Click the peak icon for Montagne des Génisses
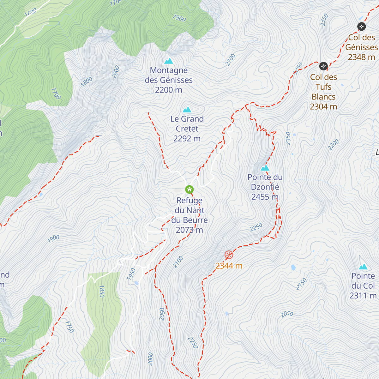169,61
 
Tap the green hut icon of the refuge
189,189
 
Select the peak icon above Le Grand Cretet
187,110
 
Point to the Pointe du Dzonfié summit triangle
265,168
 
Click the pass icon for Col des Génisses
361,27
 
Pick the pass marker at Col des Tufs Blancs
323,66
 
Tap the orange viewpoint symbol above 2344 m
229,255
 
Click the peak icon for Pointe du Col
363,267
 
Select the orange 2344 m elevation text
229,266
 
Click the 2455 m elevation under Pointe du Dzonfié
265,197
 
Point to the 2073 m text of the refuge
189,230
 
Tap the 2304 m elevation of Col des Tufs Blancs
323,107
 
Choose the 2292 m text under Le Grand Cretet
187,139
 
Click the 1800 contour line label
87,81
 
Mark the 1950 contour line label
131,274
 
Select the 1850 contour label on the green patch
102,291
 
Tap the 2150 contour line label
302,284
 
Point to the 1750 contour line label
69,327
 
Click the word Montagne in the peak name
169,70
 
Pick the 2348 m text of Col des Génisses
361,57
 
